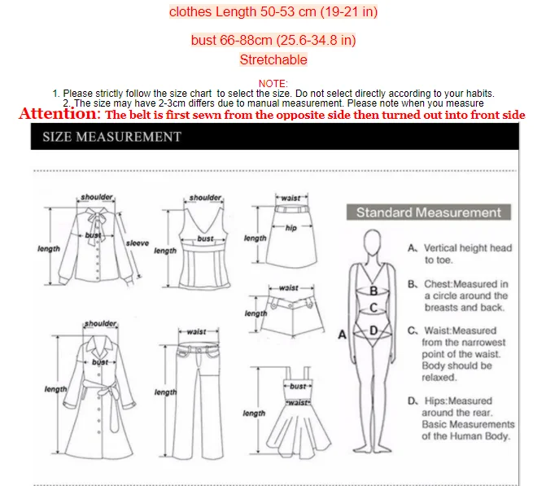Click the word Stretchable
pos(273,59)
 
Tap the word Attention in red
pos(59,114)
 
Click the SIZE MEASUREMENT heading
pos(111,137)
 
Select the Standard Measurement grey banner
pos(429,212)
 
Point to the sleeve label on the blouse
pos(138,243)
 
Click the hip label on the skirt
pos(291,228)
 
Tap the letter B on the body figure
pos(373,291)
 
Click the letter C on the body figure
pos(373,308)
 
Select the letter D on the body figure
pos(373,331)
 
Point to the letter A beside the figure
pos(343,335)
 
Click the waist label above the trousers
pos(196,331)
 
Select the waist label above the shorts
pos(289,287)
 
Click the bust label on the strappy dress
pos(298,386)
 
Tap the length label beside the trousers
pos(165,392)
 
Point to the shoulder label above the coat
pos(101,323)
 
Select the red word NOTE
pos(273,84)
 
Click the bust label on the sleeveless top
pos(205,239)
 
